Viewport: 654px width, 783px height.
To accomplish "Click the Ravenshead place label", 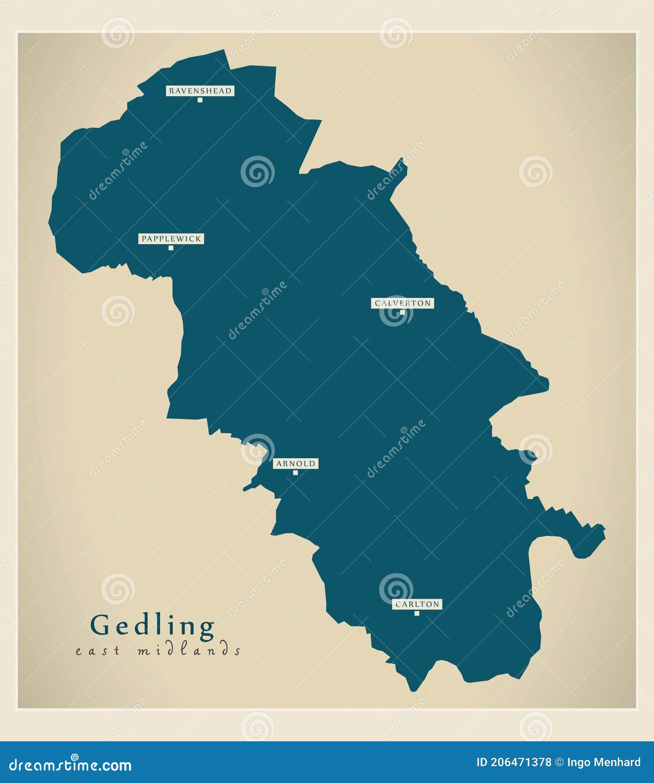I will [x=200, y=91].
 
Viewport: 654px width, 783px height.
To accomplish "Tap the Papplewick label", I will [x=171, y=239].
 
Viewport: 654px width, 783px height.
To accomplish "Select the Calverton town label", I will [x=402, y=303].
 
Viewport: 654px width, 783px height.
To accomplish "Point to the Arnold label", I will [x=295, y=463].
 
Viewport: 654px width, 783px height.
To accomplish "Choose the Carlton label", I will [x=417, y=604].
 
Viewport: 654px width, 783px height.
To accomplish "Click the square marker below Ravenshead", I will [x=200, y=100].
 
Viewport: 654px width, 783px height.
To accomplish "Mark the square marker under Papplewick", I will [x=171, y=248].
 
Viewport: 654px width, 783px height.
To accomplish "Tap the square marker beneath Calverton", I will [x=402, y=312].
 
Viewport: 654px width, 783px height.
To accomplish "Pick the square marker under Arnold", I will [x=295, y=473].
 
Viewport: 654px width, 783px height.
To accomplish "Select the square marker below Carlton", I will [x=417, y=613].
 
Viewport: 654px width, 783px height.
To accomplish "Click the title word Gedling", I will [x=152, y=626].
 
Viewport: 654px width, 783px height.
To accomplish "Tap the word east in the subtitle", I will [x=98, y=650].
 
